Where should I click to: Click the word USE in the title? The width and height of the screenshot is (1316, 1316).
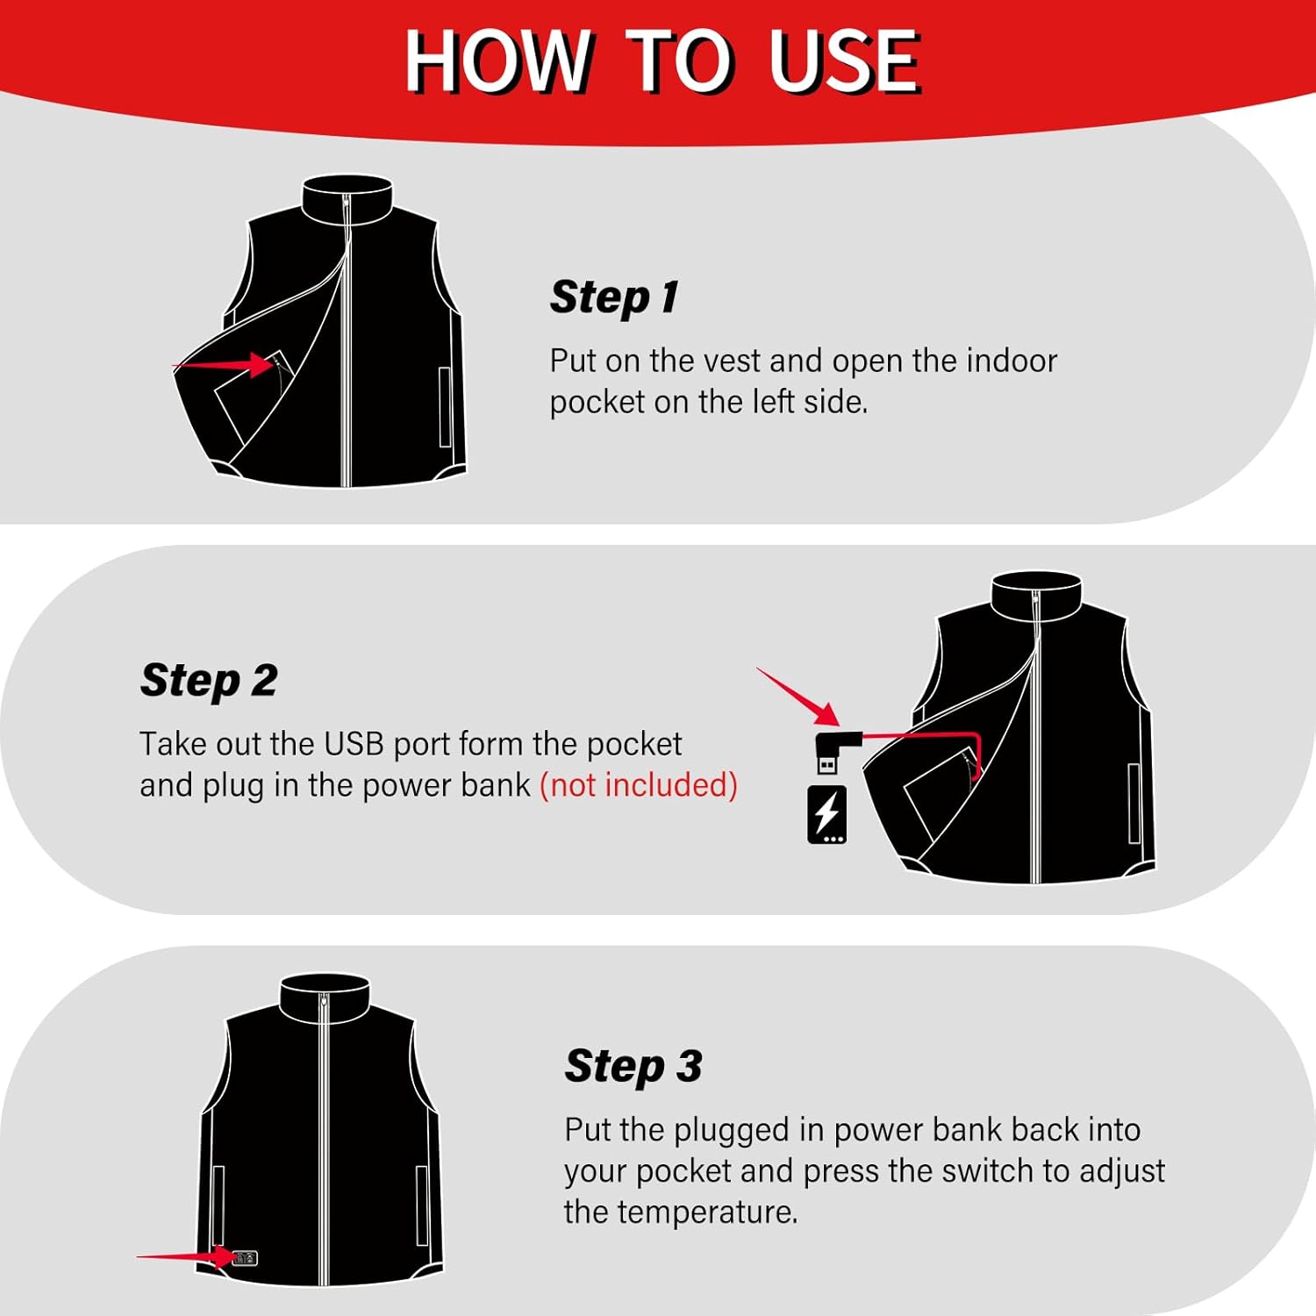(x=844, y=61)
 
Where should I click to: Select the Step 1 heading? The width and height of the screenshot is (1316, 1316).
(x=614, y=297)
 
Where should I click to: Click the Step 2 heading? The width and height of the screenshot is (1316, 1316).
(x=209, y=680)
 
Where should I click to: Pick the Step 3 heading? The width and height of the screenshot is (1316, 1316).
(x=633, y=1066)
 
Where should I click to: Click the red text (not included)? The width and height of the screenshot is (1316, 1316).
(x=638, y=785)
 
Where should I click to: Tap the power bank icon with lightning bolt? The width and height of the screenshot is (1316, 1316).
(x=826, y=815)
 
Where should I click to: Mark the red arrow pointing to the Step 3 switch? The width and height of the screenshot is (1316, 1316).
(x=184, y=1257)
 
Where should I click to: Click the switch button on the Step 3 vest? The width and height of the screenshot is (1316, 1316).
(x=245, y=1258)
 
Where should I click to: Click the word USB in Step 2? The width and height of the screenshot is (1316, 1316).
(x=354, y=744)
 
